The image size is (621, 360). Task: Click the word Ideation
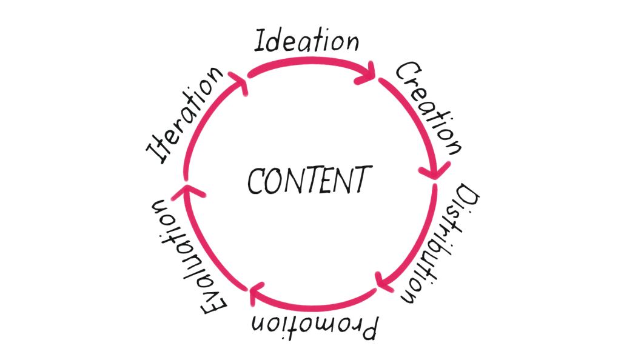click(306, 41)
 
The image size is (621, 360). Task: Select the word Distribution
click(440, 244)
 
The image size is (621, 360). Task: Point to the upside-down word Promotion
click(315, 327)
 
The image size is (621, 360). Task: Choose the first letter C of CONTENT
click(255, 181)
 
